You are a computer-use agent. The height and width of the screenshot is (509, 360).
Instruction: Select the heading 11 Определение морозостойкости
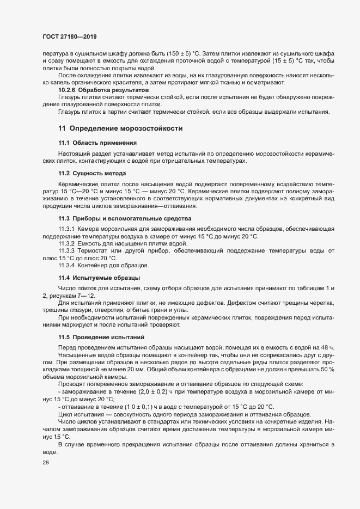[x=120, y=128]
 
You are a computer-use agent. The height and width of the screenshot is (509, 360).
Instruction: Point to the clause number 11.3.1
[x=68, y=229]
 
